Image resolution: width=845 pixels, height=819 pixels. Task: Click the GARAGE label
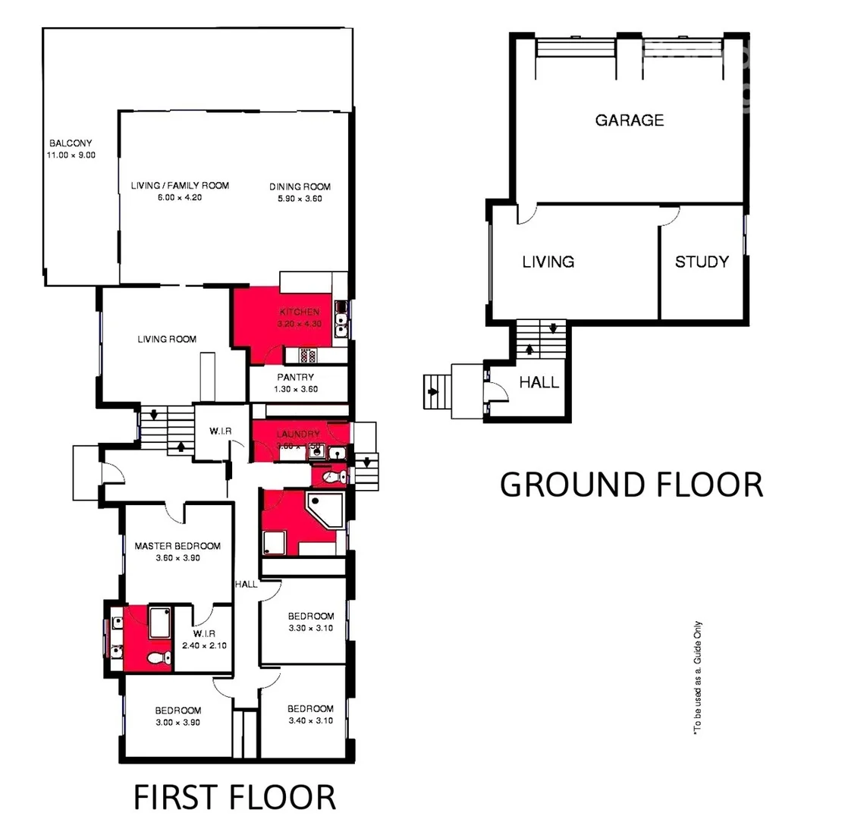point(629,120)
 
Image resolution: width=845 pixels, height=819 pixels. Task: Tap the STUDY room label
point(702,262)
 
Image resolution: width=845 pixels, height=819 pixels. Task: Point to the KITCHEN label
point(300,312)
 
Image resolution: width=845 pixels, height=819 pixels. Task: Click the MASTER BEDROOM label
point(177,546)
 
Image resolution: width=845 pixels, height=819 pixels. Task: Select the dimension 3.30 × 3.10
point(311,628)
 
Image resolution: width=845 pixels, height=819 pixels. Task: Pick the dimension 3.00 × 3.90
point(178,723)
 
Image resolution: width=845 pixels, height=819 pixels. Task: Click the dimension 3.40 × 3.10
point(310,720)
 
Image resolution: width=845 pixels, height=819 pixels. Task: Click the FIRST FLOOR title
point(234,797)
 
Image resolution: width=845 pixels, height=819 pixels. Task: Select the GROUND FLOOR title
point(631,485)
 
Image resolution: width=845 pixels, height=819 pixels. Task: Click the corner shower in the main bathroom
point(323,508)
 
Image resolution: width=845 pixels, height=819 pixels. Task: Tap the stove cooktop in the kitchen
point(306,354)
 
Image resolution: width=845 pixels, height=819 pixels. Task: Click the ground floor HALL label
point(539,382)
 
